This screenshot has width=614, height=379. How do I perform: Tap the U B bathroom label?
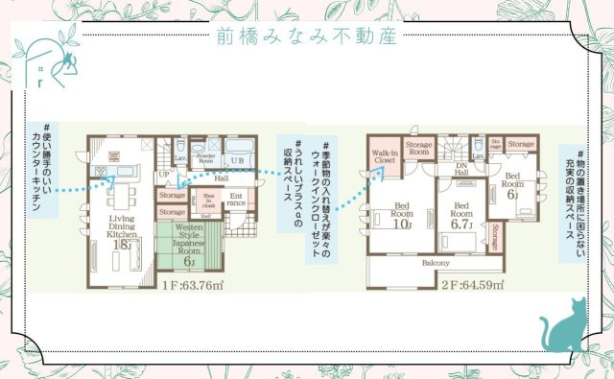pyautogui.click(x=238, y=158)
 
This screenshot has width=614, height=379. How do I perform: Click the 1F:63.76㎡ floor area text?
pyautogui.click(x=193, y=285)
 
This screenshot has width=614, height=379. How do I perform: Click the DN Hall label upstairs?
pyautogui.click(x=461, y=167)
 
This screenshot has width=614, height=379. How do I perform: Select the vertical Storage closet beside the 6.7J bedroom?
pyautogui.click(x=494, y=232)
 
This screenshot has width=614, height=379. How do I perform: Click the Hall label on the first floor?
pyautogui.click(x=221, y=177)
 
